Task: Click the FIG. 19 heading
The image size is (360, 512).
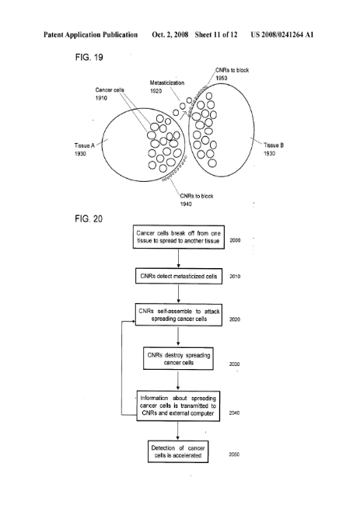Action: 89,57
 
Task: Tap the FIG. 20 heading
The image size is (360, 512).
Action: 89,218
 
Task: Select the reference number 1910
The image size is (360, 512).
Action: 101,98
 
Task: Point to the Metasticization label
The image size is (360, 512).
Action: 167,83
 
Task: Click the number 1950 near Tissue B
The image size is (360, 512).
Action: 221,78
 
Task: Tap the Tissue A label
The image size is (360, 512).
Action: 84,145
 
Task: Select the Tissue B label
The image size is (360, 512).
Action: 274,145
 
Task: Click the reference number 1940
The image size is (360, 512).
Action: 186,204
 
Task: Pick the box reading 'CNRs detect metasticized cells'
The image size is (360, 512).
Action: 179,277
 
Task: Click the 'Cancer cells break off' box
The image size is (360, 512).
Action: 178,237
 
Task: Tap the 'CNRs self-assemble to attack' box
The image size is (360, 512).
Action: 179,315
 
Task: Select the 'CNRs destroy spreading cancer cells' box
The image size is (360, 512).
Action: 178,358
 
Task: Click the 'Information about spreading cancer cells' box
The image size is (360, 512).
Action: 178,406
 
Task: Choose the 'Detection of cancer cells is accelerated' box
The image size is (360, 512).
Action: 178,451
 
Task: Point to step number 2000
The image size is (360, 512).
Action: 235,240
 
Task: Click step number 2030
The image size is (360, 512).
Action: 234,364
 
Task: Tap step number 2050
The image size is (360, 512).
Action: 234,455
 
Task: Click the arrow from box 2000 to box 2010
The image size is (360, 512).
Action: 178,259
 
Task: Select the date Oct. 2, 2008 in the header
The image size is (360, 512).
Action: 170,35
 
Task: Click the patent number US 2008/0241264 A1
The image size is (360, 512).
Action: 282,35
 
